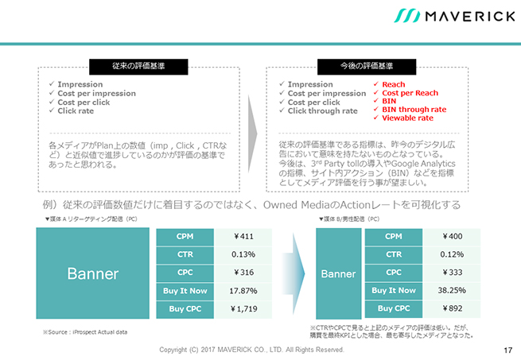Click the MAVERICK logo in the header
(454, 16)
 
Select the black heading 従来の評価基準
(138, 67)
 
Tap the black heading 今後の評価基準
(367, 67)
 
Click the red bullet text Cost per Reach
(410, 93)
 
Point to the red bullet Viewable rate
(407, 118)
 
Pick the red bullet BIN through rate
(414, 109)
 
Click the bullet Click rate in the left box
(76, 111)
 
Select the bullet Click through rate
(323, 111)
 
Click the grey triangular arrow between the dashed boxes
(252, 134)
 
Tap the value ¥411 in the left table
(243, 237)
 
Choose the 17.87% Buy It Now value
(243, 291)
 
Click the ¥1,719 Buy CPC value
(243, 309)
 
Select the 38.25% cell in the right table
(452, 291)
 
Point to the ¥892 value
(452, 308)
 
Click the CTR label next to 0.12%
(394, 254)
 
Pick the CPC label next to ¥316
(185, 273)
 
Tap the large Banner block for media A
(93, 273)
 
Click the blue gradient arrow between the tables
(294, 273)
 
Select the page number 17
(508, 350)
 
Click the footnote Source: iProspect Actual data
(85, 332)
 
